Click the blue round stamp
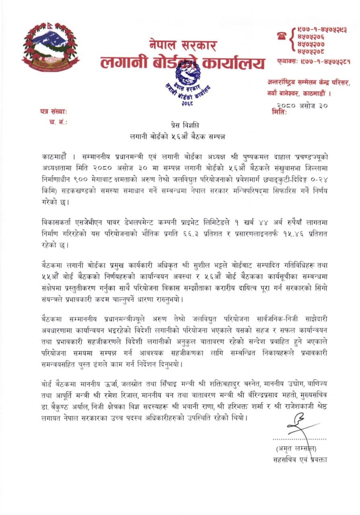point(187,82)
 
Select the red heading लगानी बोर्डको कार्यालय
point(183,63)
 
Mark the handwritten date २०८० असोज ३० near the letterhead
point(303,106)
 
